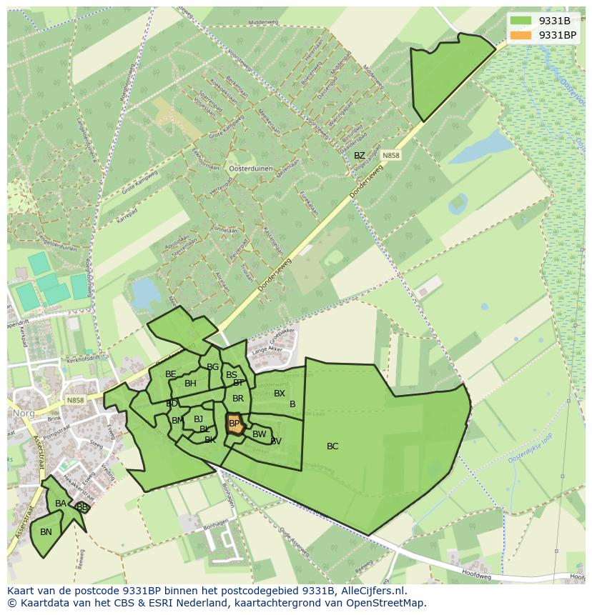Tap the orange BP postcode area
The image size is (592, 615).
coord(235,424)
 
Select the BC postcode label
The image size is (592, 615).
coord(332,446)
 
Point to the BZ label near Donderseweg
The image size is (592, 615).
coord(360,156)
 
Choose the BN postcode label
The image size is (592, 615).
coord(46,532)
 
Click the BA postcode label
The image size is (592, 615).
coord(61,504)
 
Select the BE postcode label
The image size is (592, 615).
coord(170,374)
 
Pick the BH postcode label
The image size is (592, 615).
coord(190,384)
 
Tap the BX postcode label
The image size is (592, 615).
coord(280,394)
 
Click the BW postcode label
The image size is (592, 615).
coord(259,434)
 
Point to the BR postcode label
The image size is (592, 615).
coord(238,399)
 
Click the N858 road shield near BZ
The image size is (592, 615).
coord(390,155)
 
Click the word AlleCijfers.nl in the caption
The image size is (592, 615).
coord(372,591)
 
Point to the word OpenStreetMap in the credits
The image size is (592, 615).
coord(386,603)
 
